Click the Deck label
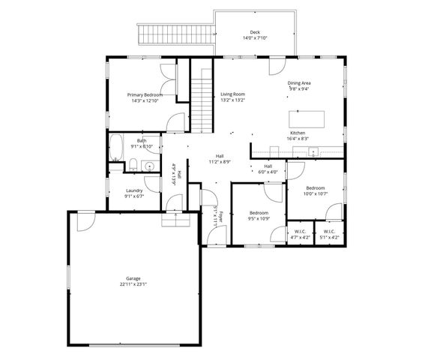[255, 33]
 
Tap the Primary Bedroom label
[145, 94]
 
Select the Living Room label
[232, 94]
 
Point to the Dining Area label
[299, 82]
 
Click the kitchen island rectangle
[308, 119]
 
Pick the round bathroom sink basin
[149, 167]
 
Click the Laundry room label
[134, 190]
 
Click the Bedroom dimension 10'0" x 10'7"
[315, 193]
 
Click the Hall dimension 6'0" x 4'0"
[268, 172]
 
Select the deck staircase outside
[175, 34]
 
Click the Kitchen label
[298, 133]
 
